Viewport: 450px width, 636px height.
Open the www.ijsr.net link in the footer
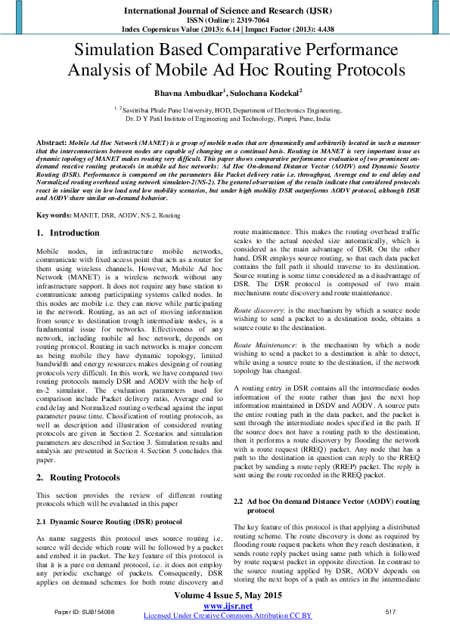(x=228, y=606)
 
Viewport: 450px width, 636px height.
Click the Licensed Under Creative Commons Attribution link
(x=228, y=616)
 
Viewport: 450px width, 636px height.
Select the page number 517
(x=391, y=611)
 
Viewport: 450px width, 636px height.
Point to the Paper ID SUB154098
(x=85, y=611)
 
